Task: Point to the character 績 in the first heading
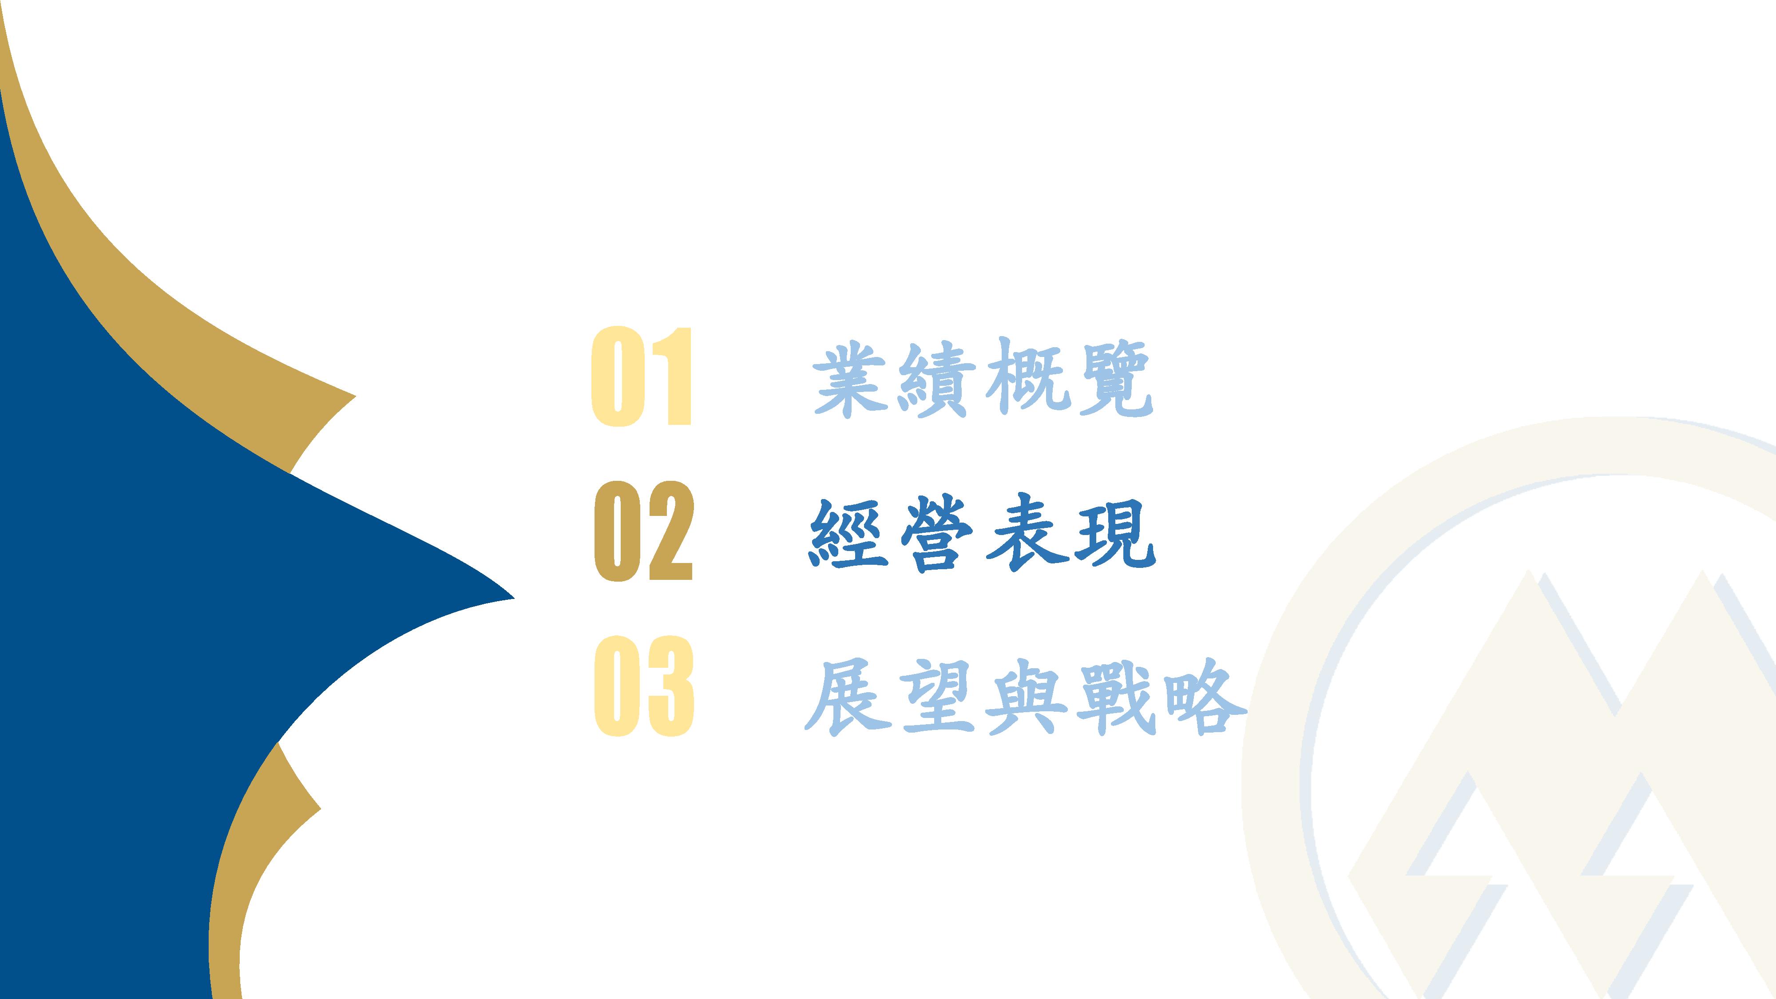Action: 937,378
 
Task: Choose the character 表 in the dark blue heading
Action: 1025,532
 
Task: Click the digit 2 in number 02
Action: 670,531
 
